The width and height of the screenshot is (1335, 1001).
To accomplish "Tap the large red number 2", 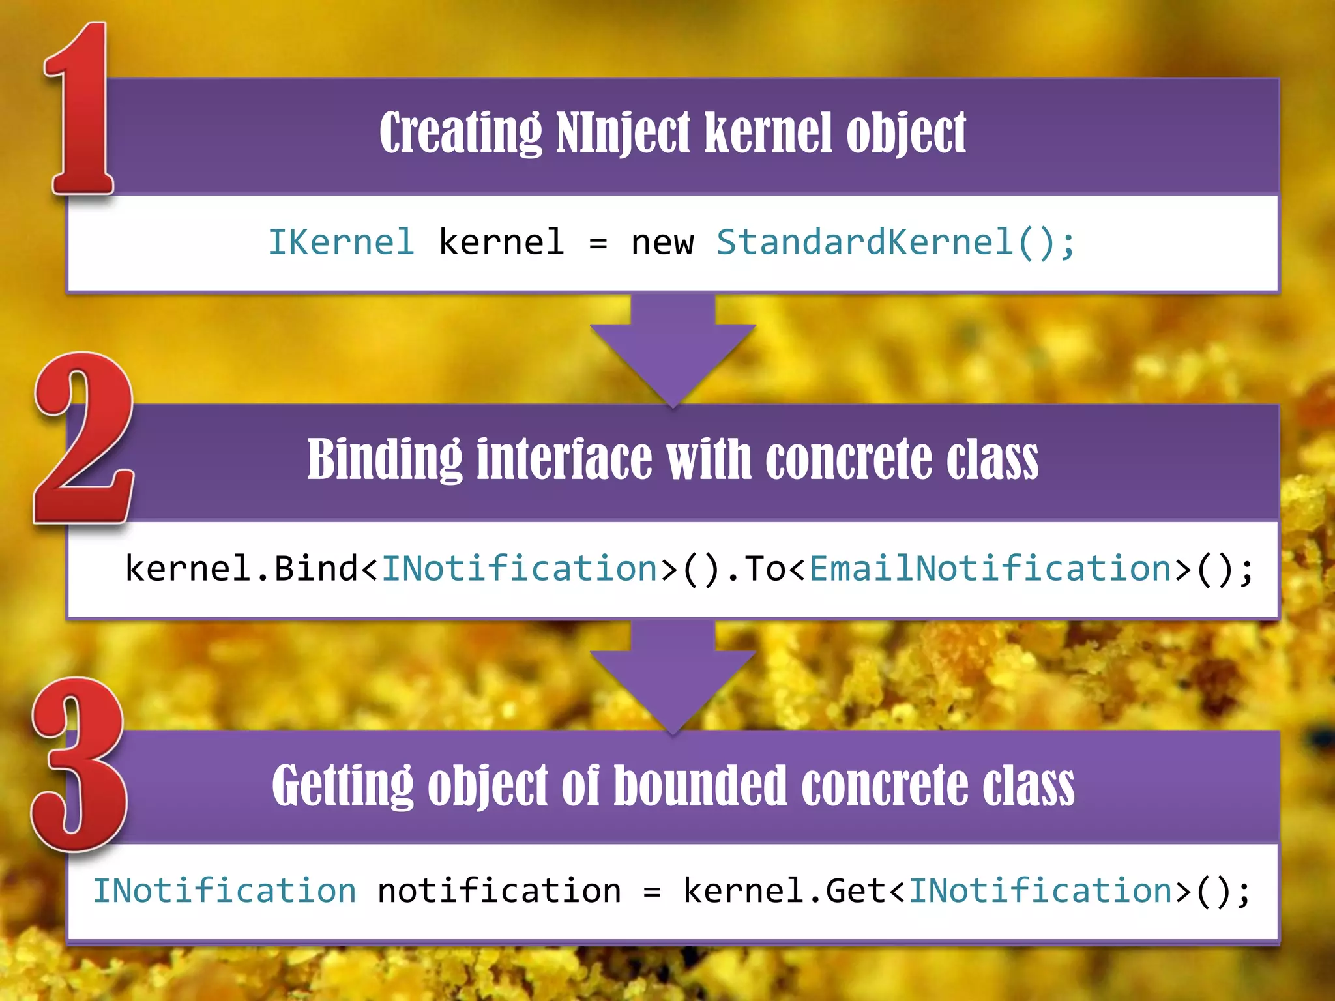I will [83, 438].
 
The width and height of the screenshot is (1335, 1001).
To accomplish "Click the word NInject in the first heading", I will [623, 134].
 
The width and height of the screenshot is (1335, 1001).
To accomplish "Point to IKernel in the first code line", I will [341, 242].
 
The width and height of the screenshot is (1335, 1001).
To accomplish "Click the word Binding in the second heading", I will [385, 460].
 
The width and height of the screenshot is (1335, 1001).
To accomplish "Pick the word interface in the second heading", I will [565, 460].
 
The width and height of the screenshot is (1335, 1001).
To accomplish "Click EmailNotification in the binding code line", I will [991, 568].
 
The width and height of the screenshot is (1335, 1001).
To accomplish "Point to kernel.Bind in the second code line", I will [241, 568].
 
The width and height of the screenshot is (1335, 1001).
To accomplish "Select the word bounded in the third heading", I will [701, 786].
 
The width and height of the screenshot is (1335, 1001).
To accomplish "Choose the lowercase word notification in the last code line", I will [499, 891].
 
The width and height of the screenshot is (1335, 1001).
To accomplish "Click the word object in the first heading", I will [906, 134].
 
